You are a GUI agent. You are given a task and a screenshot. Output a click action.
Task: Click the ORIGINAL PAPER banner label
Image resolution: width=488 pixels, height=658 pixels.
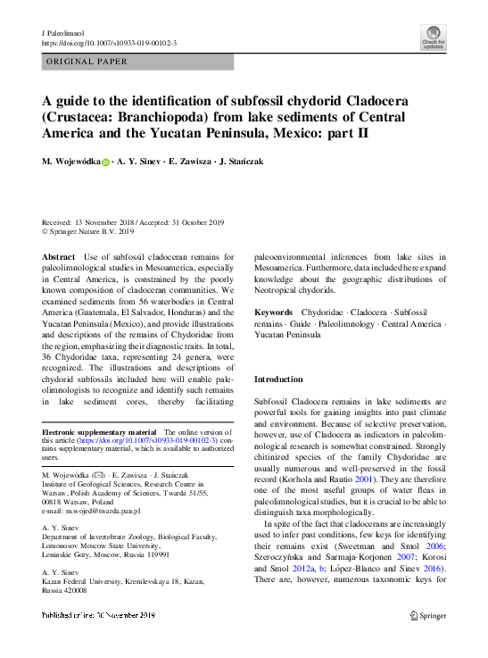click(86, 62)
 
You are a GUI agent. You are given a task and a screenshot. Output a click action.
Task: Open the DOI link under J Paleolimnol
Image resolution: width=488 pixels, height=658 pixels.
click(109, 43)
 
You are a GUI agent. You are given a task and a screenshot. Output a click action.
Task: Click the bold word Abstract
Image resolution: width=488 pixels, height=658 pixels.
click(59, 255)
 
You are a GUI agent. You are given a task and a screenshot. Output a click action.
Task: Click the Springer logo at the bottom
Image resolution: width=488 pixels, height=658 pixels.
click(427, 615)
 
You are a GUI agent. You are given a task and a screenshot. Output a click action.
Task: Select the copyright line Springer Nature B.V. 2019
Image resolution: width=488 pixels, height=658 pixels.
click(92, 230)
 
